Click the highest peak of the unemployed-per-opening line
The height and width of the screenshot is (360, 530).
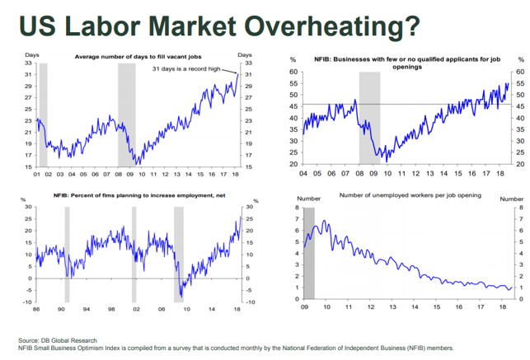(x=322, y=221)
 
